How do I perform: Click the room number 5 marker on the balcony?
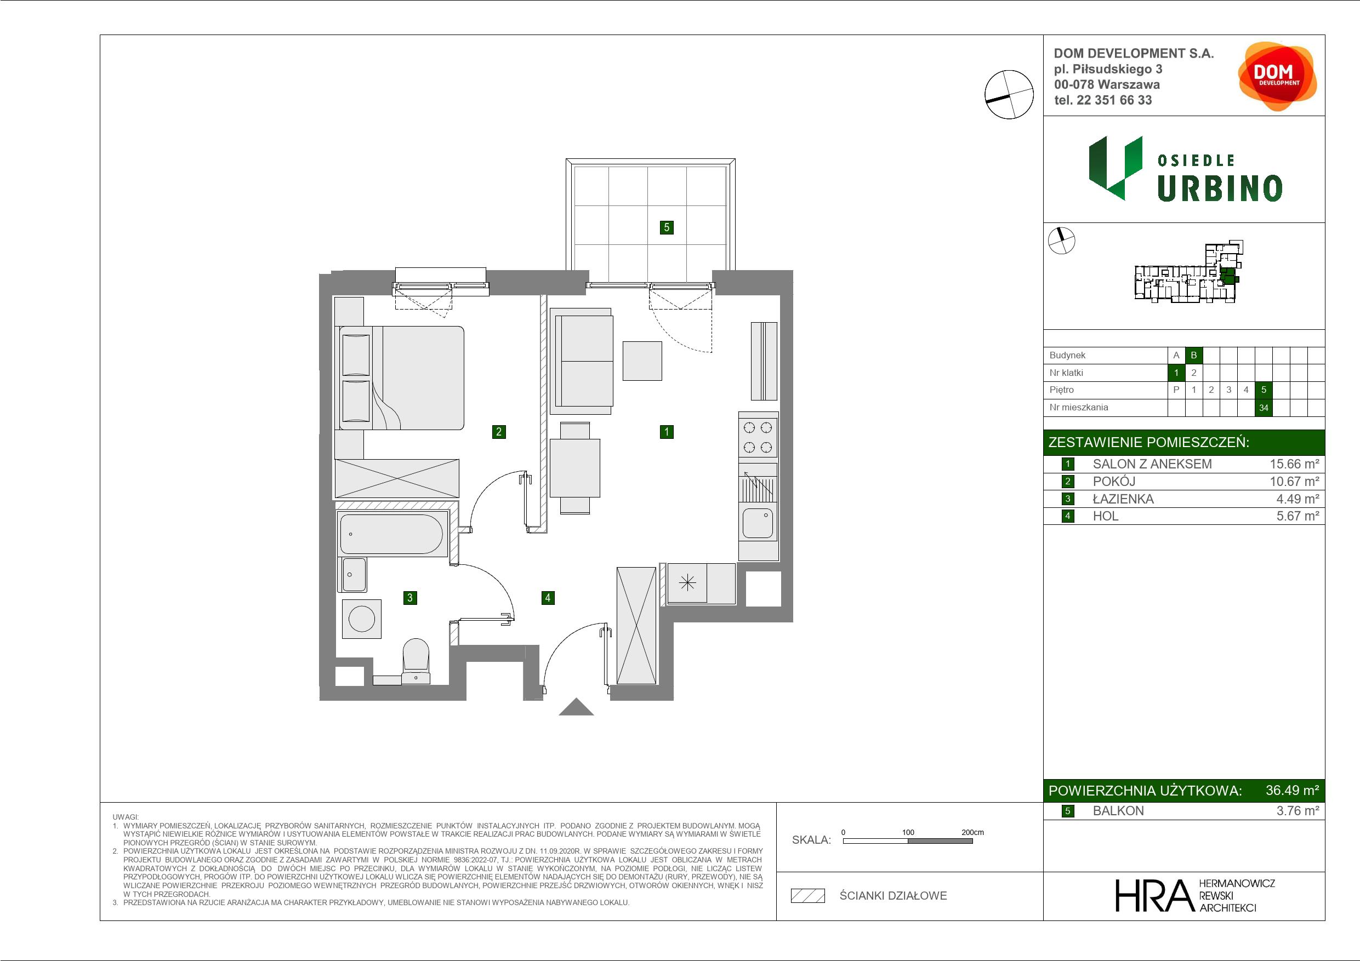[x=667, y=227]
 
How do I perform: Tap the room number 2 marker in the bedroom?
[x=499, y=432]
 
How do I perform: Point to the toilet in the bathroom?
[x=416, y=661]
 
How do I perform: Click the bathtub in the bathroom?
[x=392, y=534]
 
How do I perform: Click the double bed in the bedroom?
[x=402, y=377]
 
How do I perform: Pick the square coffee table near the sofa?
[x=642, y=361]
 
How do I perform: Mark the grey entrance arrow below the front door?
[x=576, y=707]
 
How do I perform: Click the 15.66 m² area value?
[x=1294, y=464]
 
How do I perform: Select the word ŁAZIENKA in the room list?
[x=1123, y=499]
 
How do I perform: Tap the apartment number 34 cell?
[x=1264, y=408]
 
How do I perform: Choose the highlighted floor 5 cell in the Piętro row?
[x=1264, y=390]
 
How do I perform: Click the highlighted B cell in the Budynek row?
[x=1193, y=355]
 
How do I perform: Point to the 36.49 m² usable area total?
[x=1292, y=791]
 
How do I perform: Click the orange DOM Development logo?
[x=1277, y=76]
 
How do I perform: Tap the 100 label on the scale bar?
[x=908, y=832]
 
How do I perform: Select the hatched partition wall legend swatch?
[x=808, y=896]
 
